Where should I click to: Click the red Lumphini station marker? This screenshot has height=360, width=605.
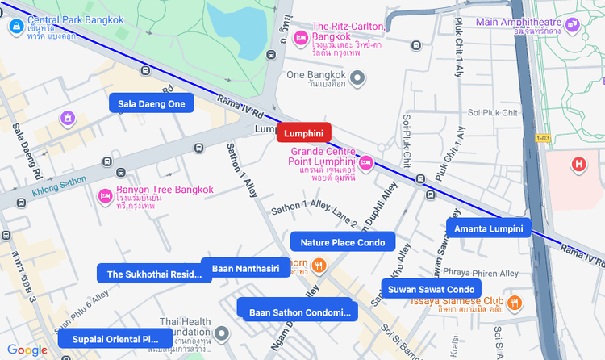pyautogui.click(x=303, y=133)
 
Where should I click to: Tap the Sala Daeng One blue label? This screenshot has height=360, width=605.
pyautogui.click(x=152, y=103)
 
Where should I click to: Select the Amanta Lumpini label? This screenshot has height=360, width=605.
pyautogui.click(x=489, y=229)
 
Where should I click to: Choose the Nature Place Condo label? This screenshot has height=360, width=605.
pyautogui.click(x=342, y=242)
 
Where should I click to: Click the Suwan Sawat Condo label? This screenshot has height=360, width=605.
pyautogui.click(x=431, y=289)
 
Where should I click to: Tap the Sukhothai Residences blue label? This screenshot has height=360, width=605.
pyautogui.click(x=154, y=274)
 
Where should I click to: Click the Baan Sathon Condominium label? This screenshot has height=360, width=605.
pyautogui.click(x=295, y=312)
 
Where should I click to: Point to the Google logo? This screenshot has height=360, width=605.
pyautogui.click(x=27, y=350)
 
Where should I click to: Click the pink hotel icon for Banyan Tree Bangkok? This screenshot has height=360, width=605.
pyautogui.click(x=104, y=195)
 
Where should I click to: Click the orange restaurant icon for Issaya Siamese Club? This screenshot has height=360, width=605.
pyautogui.click(x=515, y=303)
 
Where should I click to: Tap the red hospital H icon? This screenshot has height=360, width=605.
pyautogui.click(x=578, y=165)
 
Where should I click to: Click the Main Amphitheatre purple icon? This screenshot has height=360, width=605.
pyautogui.click(x=573, y=25)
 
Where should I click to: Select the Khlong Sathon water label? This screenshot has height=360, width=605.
pyautogui.click(x=59, y=187)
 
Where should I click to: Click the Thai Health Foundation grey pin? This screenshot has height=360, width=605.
pyautogui.click(x=223, y=333)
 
